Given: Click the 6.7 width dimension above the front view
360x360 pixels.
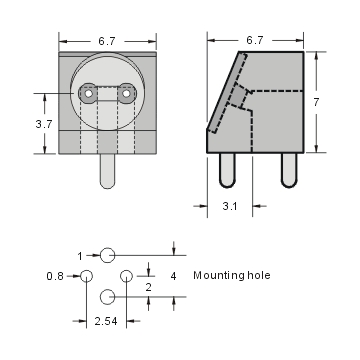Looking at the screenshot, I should point(107,41).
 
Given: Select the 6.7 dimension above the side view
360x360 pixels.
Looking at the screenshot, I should point(254,41).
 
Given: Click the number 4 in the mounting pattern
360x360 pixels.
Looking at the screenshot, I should point(173,275).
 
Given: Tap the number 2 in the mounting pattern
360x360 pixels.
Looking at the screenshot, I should point(149,287).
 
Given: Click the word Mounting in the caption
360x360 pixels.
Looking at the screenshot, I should point(217,275).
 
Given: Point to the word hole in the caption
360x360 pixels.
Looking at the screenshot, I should point(257,275).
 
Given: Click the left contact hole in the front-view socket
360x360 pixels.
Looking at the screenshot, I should point(88,95).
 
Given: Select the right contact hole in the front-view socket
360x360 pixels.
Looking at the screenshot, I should point(126,95).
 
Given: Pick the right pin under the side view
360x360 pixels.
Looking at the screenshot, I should point(289,170).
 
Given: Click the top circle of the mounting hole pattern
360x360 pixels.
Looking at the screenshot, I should point(107,256).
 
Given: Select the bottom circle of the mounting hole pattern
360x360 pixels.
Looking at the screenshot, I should point(107,297).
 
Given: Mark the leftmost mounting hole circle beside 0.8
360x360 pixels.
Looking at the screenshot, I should point(87,276).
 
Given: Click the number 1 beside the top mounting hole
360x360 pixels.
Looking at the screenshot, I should point(80,256).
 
